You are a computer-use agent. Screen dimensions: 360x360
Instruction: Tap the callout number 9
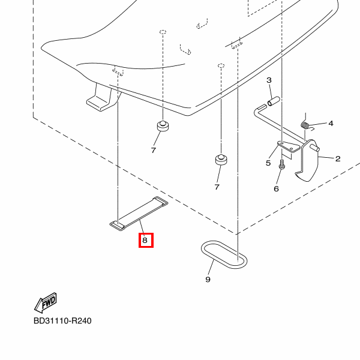[x=208, y=279]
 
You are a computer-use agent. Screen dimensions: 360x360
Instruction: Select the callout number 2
[x=338, y=159]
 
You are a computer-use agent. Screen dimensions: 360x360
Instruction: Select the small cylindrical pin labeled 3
[x=274, y=100]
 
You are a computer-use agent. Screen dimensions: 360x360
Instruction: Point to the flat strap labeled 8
[x=138, y=212]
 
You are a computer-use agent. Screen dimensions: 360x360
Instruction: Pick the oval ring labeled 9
[x=223, y=254]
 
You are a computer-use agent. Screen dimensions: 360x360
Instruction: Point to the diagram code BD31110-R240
[x=64, y=322]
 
